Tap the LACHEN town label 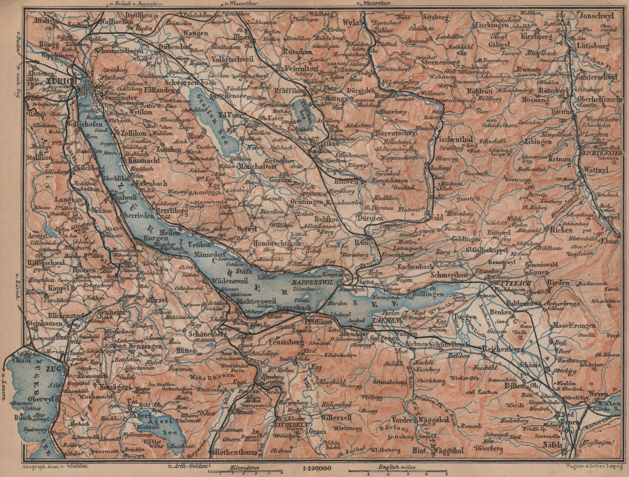[385, 321]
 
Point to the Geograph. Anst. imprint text [43, 466]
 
